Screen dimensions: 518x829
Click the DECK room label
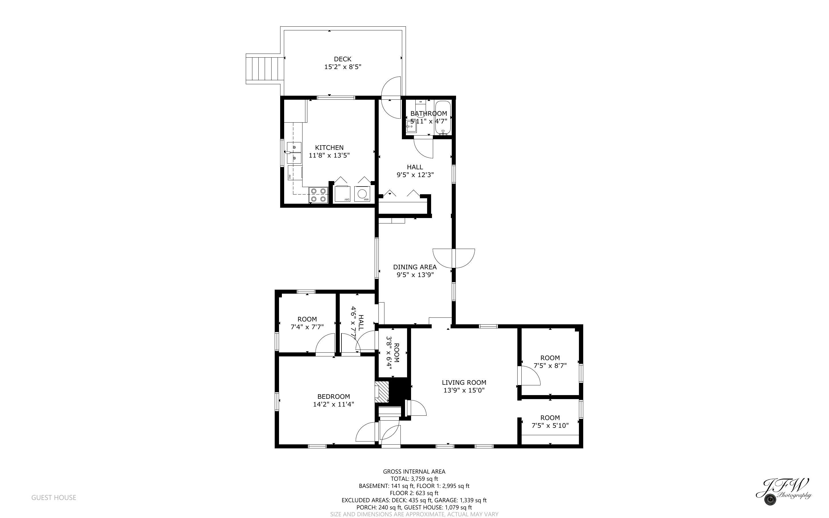click(342, 59)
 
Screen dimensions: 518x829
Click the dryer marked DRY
click(342, 194)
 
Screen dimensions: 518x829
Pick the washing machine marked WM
click(362, 194)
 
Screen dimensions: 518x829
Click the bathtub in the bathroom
click(443, 117)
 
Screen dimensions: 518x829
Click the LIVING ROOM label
click(464, 382)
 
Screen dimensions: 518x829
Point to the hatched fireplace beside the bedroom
click(382, 392)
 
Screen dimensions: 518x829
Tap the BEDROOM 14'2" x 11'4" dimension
click(333, 404)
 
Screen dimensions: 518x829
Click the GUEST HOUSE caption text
click(54, 497)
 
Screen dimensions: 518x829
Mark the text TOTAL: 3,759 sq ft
click(414, 478)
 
